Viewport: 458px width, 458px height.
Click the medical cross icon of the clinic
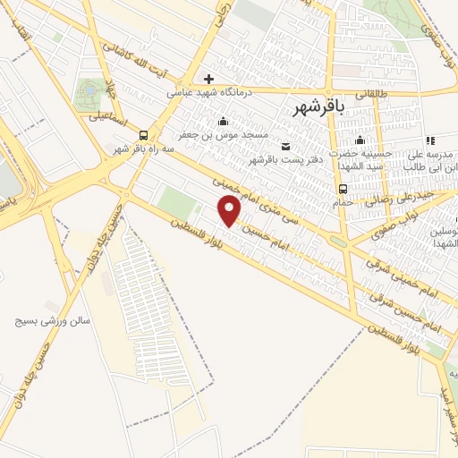tap(208, 79)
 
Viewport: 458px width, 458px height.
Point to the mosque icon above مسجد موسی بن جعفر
tap(223, 122)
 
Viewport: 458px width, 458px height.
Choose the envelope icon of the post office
tap(285, 146)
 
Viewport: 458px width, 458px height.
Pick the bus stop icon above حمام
tap(343, 188)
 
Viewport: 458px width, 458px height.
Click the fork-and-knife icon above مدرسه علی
tap(430, 140)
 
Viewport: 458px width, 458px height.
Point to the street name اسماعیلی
tap(108, 116)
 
